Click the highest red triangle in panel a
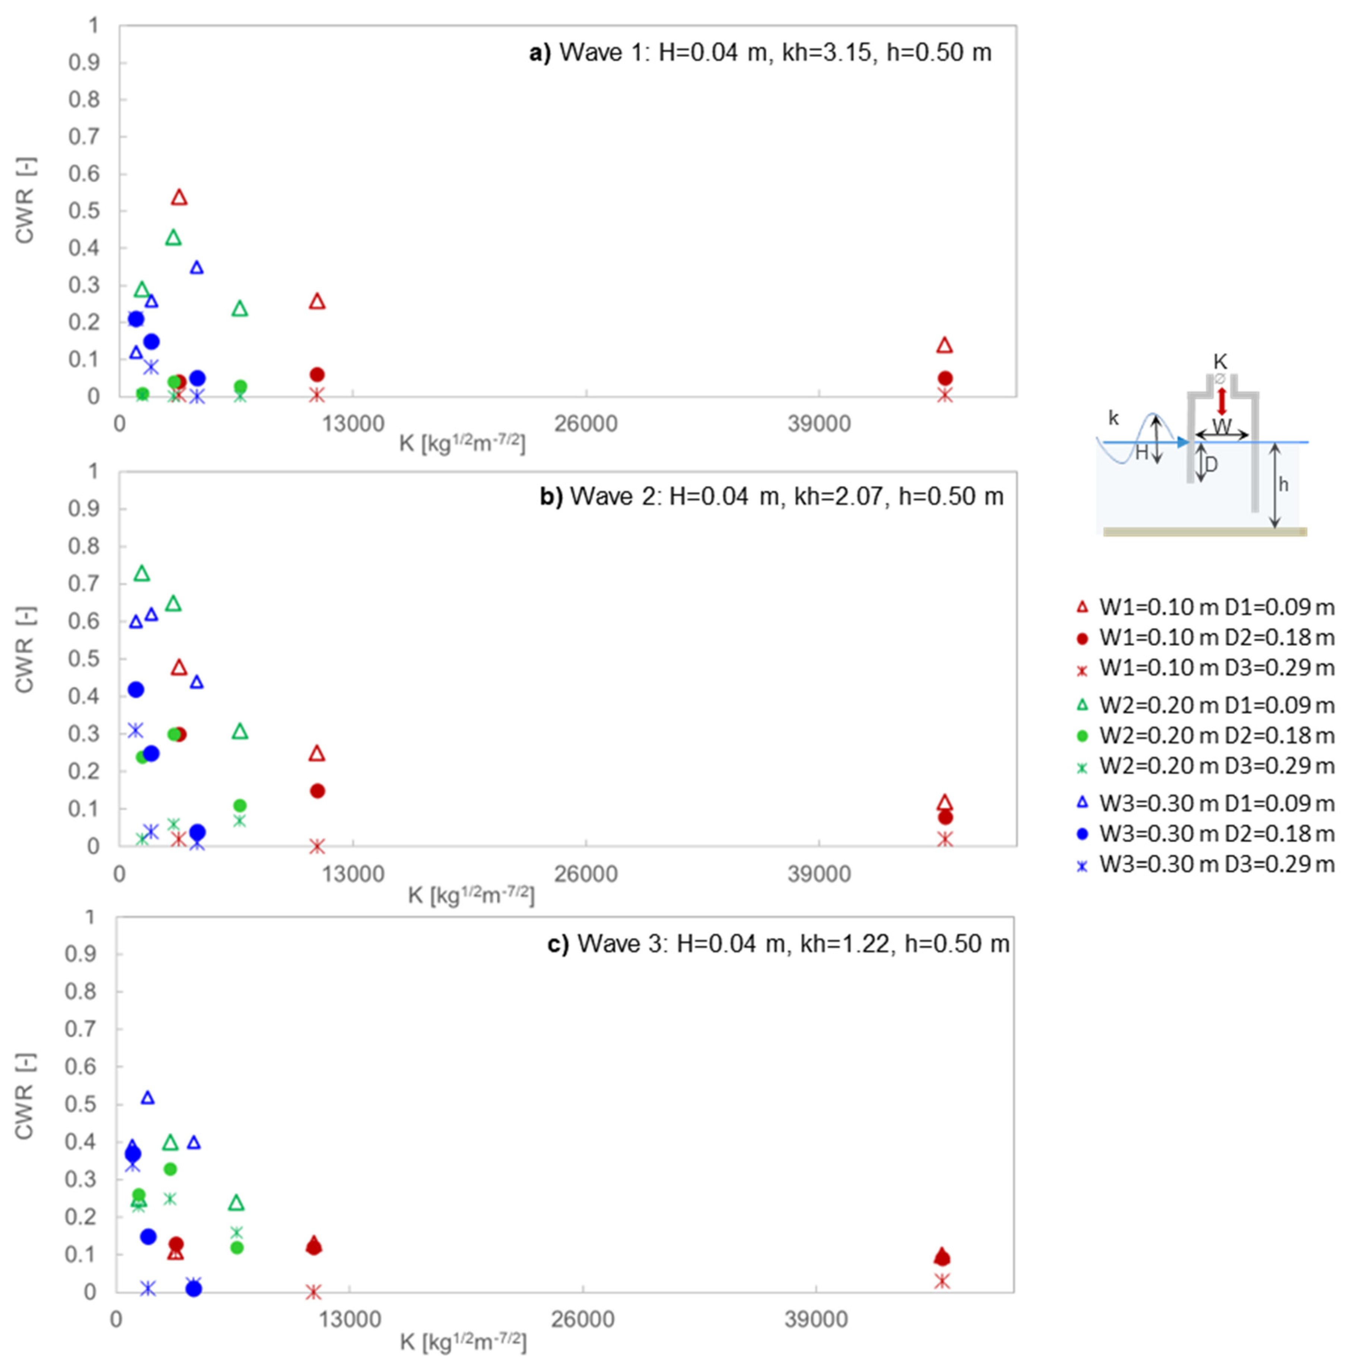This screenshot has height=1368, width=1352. (x=179, y=198)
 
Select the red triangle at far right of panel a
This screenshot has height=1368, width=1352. (x=944, y=345)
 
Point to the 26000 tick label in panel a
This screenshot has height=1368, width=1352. (x=586, y=424)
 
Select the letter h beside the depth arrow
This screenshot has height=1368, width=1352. (x=1283, y=485)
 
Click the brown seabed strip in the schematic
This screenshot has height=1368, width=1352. (x=1204, y=532)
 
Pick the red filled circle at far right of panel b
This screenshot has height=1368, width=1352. (x=945, y=818)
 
